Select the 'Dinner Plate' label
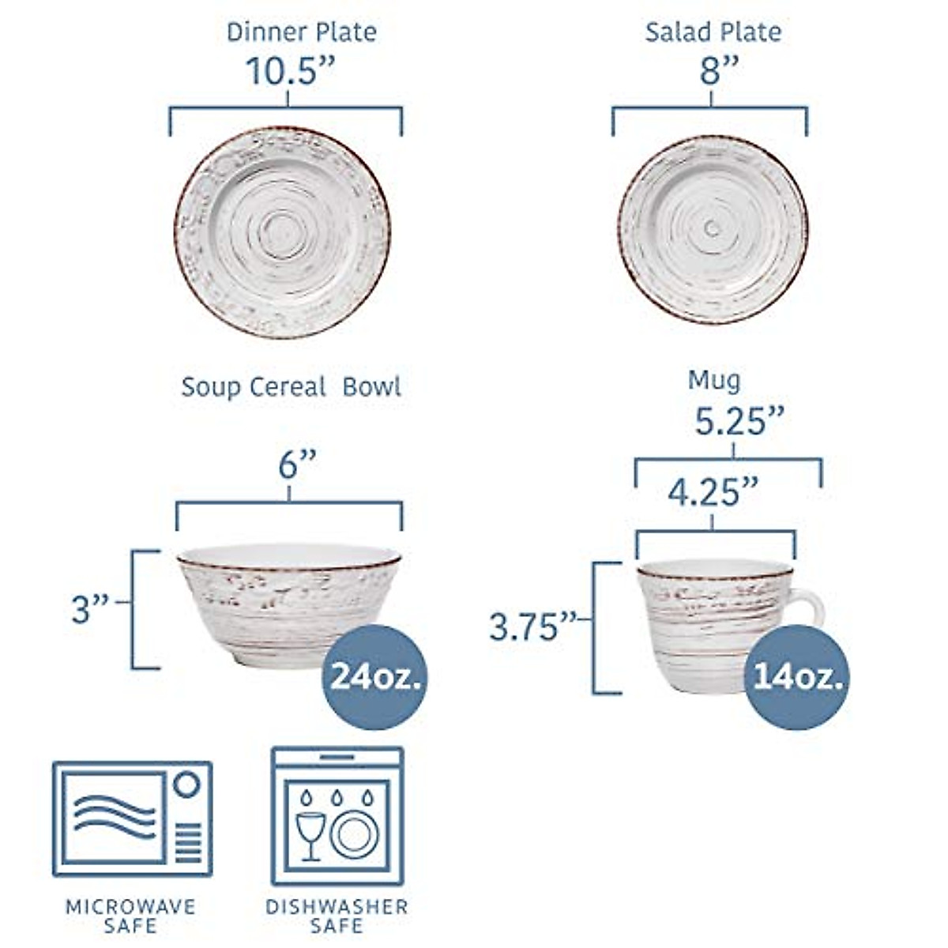pyautogui.click(x=301, y=32)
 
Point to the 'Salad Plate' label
pyautogui.click(x=713, y=32)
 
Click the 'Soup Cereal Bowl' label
pyautogui.click(x=291, y=387)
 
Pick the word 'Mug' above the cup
pyautogui.click(x=714, y=381)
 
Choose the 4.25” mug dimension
pyautogui.click(x=713, y=493)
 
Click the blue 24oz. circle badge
pyautogui.click(x=374, y=676)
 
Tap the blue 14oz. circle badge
pyautogui.click(x=798, y=676)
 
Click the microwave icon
pyautogui.click(x=132, y=819)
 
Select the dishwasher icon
pyautogui.click(x=337, y=816)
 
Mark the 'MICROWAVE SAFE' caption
pyautogui.click(x=130, y=916)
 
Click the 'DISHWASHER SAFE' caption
pyautogui.click(x=337, y=916)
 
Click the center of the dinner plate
pyautogui.click(x=282, y=235)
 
